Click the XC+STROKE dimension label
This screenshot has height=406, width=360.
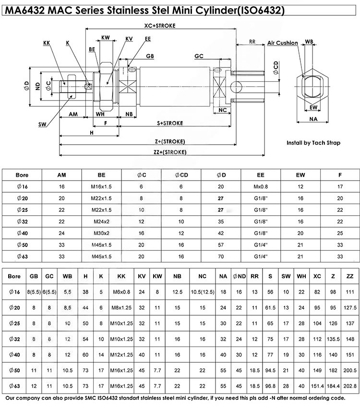(161, 25)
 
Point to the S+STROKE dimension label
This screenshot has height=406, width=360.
(170, 123)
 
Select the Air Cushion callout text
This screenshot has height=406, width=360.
(283, 43)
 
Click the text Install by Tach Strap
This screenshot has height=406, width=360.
(313, 143)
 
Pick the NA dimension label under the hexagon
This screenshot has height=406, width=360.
(313, 119)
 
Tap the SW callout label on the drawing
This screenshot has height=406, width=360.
(42, 125)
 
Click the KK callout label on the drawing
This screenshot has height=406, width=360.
(47, 43)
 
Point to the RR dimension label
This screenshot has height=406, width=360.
(252, 41)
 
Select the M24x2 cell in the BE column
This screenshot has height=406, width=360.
(101, 221)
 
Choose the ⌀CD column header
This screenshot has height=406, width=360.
(181, 175)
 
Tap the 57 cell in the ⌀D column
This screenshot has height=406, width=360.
(221, 245)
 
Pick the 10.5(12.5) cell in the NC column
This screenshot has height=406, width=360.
(202, 292)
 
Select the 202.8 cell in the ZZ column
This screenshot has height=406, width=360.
(350, 386)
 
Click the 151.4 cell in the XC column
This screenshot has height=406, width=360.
(317, 386)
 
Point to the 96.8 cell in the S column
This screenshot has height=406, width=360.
(270, 386)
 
